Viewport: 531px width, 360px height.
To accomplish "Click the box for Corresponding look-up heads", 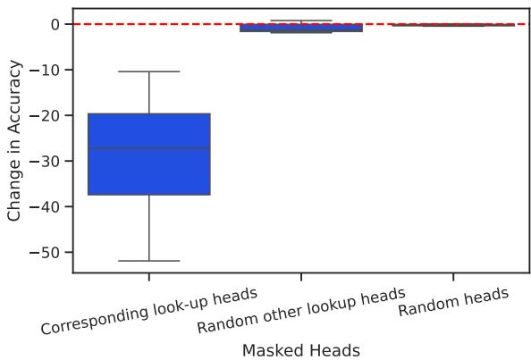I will tap(148, 170).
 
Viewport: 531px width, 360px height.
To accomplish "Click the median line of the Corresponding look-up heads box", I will tap(148, 148).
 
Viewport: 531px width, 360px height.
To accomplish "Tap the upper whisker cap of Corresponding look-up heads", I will tap(148, 71).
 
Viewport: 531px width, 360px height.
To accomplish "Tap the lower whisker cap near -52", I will tap(148, 261).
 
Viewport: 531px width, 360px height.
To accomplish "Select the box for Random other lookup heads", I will tap(300, 28).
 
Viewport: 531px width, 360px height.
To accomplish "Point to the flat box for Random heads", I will tap(452, 25).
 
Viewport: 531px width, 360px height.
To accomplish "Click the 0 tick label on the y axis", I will tap(54, 25).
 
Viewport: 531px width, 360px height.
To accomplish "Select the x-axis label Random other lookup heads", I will tap(301, 311).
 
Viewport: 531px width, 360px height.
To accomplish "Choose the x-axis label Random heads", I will tap(453, 302).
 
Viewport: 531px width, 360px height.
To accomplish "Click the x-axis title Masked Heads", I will tap(300, 350).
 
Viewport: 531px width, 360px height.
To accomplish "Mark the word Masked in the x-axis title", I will tap(273, 350).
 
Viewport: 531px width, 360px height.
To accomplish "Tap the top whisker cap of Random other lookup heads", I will tap(300, 20).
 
